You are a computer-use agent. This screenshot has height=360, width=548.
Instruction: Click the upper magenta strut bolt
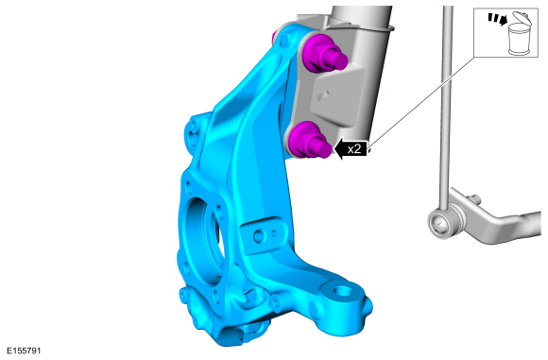click(323, 54)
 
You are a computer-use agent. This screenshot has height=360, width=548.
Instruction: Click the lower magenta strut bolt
click(308, 141)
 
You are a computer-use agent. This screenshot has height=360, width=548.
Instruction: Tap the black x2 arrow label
click(351, 149)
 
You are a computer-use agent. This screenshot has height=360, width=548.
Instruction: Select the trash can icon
click(520, 34)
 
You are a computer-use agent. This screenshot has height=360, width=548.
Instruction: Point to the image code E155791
click(24, 351)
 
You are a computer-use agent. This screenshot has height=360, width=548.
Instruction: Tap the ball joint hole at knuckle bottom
click(343, 290)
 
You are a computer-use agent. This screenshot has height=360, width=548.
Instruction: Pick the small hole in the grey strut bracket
click(325, 94)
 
